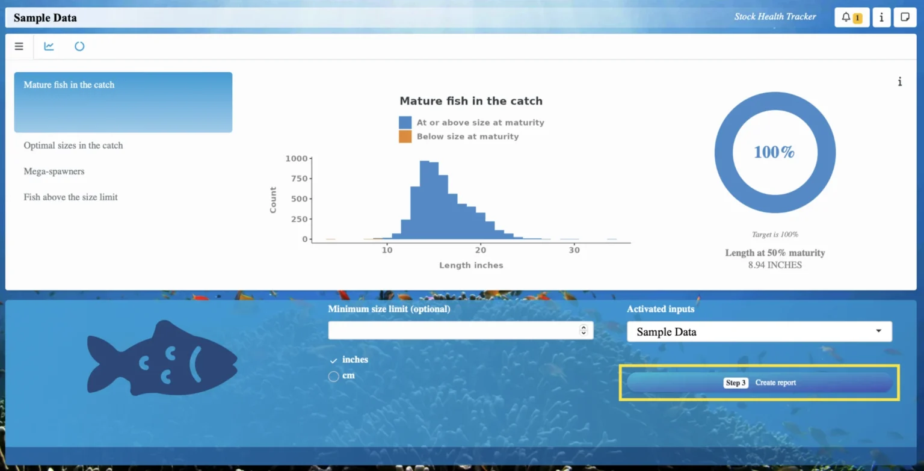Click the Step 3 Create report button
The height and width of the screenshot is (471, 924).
(x=759, y=383)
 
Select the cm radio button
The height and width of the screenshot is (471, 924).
(x=333, y=376)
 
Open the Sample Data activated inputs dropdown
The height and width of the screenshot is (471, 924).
(x=759, y=331)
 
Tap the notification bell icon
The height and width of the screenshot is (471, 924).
(x=846, y=17)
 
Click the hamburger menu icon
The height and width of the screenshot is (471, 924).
(x=19, y=46)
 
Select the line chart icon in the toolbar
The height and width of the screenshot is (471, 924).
(x=49, y=46)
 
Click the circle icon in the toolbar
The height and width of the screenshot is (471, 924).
(x=79, y=46)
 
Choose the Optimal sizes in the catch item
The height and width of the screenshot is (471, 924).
(x=73, y=145)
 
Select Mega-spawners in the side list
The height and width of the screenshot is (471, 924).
(x=54, y=171)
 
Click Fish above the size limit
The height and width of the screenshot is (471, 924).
(x=70, y=197)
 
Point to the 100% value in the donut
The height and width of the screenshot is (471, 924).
(x=774, y=152)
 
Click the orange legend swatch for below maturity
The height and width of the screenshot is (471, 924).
(x=405, y=137)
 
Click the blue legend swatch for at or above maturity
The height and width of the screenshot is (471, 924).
(x=405, y=122)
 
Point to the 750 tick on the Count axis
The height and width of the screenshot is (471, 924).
(x=300, y=179)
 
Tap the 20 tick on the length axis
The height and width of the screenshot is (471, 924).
(x=481, y=250)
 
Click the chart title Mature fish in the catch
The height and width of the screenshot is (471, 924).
(x=471, y=101)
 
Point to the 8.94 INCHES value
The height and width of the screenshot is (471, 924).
(x=775, y=265)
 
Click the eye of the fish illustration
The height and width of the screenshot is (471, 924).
(x=144, y=363)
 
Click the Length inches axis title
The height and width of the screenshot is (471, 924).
(x=471, y=265)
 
